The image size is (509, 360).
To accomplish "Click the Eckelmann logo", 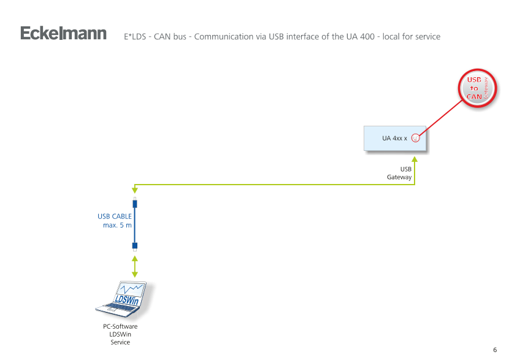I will pos(63,33).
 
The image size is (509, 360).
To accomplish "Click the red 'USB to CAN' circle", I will pos(474,89).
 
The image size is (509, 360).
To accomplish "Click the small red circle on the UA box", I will pos(415,138).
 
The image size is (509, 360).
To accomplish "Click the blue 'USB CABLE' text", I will pos(115,216).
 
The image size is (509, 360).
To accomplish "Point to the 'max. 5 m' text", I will pos(117,225).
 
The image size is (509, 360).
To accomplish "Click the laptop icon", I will pos(126,301).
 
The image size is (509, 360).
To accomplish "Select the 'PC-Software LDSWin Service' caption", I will pos(120,334).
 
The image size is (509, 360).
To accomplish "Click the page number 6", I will pos(495,350).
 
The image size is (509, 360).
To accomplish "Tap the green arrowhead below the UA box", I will pos(415,159).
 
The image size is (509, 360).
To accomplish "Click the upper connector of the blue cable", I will pos(135,203).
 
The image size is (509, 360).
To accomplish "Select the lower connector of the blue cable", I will pos(135,247).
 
